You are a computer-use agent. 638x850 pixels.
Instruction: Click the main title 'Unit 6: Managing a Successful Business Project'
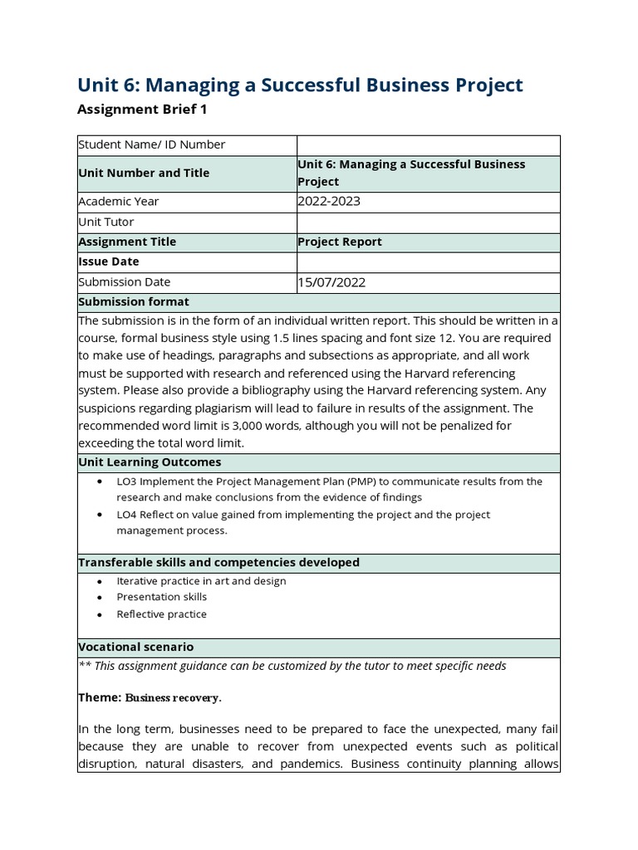[300, 85]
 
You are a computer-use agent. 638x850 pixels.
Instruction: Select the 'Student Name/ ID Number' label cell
[151, 144]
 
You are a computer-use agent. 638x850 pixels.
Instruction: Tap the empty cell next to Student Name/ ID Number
[428, 144]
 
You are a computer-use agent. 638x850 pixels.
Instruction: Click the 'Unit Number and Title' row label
[144, 173]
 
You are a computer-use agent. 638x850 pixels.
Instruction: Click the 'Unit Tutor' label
[106, 222]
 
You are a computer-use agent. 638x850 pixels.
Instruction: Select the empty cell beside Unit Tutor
[428, 222]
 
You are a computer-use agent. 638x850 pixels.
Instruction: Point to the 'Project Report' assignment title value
[339, 242]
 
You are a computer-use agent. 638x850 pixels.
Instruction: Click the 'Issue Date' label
[108, 261]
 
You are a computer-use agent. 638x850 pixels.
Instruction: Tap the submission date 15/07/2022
[331, 282]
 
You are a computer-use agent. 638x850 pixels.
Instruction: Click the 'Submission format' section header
[134, 302]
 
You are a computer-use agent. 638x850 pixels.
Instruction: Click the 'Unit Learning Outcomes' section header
[150, 462]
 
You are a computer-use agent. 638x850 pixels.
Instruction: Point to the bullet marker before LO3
[101, 481]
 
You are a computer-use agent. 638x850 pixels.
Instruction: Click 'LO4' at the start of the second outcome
[127, 515]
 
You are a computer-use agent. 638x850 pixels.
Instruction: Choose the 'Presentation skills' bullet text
[162, 597]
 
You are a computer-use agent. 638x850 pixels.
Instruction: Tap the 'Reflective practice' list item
[162, 614]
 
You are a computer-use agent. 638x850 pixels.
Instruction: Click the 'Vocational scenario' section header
[135, 647]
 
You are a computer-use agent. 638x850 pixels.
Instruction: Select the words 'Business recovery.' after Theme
[173, 698]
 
